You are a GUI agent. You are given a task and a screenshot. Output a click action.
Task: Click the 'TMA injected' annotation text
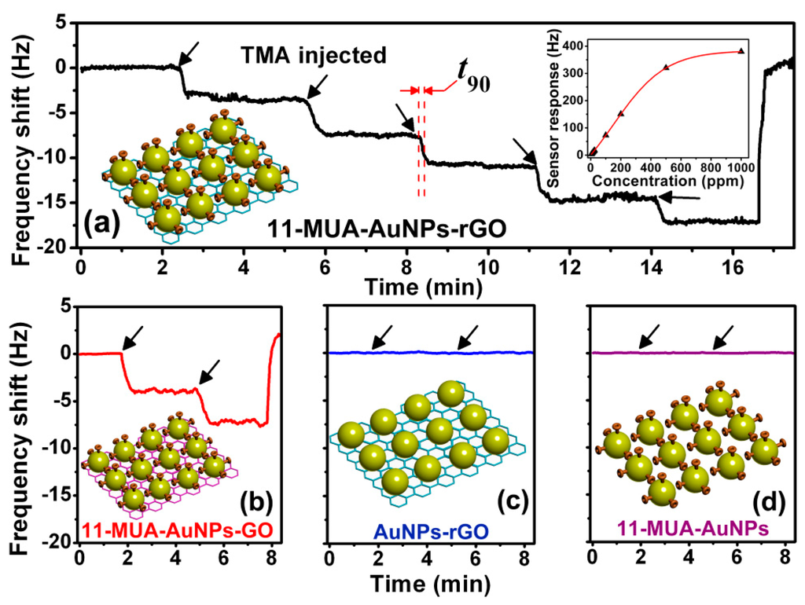coord(313,56)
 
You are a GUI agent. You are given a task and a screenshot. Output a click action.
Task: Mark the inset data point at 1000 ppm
coord(741,51)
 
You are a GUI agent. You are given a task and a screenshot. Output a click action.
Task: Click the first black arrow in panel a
coord(189,53)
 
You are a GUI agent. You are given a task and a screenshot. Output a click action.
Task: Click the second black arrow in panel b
coord(209,370)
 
